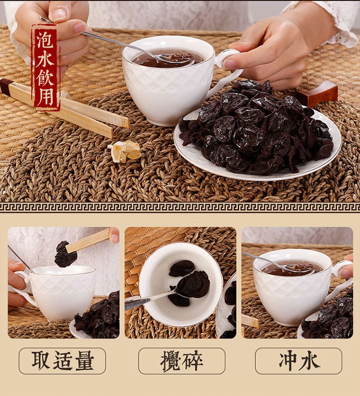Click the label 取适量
coord(62,361)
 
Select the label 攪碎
coord(181,361)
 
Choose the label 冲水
coord(299,361)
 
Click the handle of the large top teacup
coord(227,72)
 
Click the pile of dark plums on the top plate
coord(259,127)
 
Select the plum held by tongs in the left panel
coord(65,255)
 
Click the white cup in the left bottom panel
coord(60,292)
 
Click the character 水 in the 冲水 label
coord(309,361)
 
